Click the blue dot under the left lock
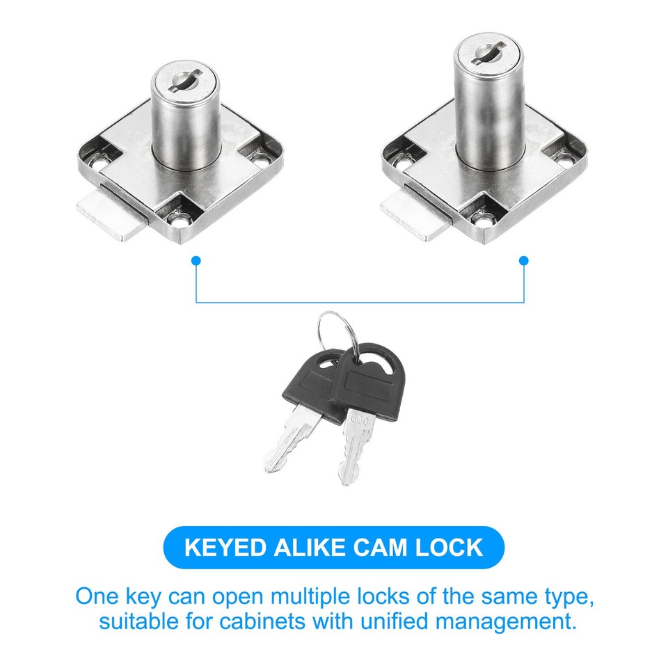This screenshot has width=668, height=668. pos(196,261)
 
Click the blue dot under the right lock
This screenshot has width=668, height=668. pos(524,261)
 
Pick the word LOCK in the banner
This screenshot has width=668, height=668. pos(451,547)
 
